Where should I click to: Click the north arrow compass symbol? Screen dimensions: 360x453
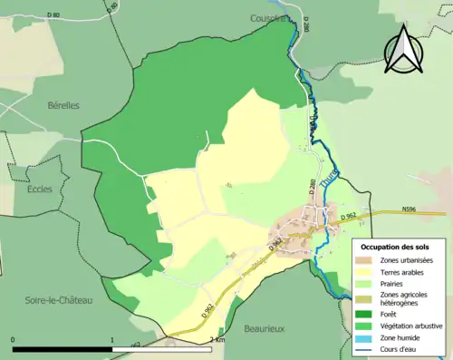(x=402, y=50)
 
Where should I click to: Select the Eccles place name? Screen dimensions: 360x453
(x=40, y=190)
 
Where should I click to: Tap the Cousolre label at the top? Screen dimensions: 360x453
(x=268, y=17)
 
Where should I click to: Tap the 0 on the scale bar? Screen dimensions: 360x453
(x=14, y=340)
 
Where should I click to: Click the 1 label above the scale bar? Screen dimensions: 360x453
(x=111, y=340)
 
